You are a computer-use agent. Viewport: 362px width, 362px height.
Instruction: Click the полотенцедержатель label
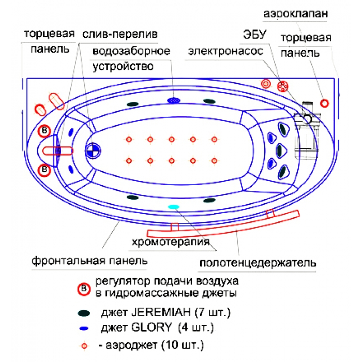tap(257, 263)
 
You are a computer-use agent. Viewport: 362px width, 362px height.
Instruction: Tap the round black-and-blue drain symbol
tap(93, 150)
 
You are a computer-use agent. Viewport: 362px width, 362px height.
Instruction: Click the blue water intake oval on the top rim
tap(174, 100)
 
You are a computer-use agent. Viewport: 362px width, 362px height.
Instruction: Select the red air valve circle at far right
tap(324, 102)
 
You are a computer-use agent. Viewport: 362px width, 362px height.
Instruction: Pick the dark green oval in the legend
tap(84, 313)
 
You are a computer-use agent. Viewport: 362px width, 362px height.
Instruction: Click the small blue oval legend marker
tap(83, 328)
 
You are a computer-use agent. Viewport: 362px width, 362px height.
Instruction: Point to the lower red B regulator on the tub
tap(45, 169)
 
